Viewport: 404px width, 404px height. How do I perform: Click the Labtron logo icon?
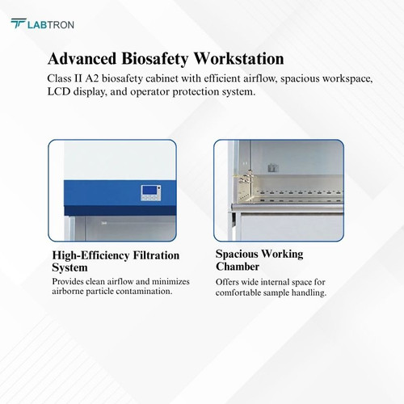[19, 23]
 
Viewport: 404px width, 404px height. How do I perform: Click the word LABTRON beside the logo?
[51, 25]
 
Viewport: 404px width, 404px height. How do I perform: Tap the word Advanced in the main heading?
[82, 58]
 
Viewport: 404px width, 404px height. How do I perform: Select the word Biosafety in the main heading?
[155, 59]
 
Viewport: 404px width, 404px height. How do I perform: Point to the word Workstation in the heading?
[238, 58]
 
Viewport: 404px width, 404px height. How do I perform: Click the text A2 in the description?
[92, 78]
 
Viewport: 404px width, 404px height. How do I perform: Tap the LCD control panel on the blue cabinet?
[151, 192]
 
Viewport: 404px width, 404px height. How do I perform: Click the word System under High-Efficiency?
[69, 267]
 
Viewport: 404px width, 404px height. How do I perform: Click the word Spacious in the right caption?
[237, 254]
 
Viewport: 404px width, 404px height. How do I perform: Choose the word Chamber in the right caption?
[238, 267]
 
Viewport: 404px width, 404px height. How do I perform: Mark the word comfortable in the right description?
[238, 292]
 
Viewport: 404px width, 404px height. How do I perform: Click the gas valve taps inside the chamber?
[246, 179]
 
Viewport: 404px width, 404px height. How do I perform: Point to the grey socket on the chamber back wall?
[273, 168]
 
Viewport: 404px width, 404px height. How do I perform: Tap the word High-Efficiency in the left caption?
[90, 256]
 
